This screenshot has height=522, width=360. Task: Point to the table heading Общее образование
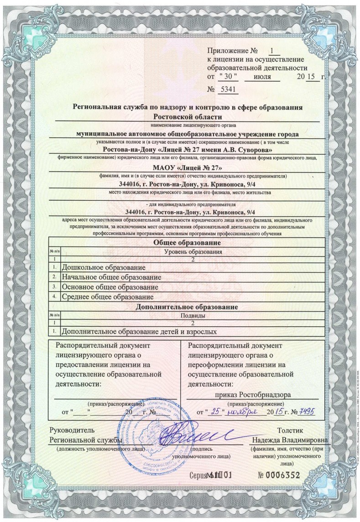[x=188, y=243]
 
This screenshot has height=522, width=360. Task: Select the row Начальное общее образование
[x=111, y=277]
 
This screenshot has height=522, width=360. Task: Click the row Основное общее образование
[x=110, y=287]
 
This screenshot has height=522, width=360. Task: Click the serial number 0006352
[x=279, y=475]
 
